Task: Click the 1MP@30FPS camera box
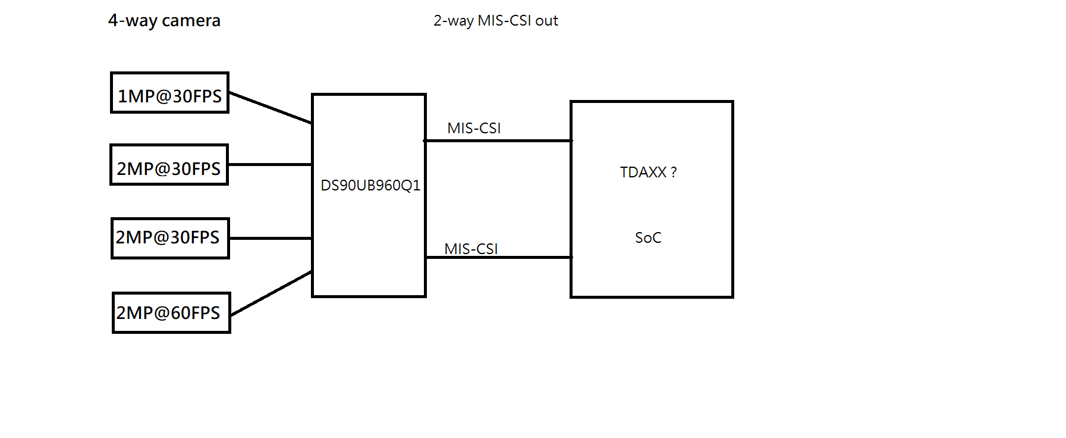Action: [169, 93]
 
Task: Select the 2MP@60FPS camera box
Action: [171, 312]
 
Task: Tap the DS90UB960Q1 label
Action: [370, 186]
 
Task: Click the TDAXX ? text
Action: [647, 173]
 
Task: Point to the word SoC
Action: [647, 238]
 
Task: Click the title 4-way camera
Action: [164, 21]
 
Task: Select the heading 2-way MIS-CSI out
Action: [495, 21]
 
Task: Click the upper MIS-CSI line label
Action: [474, 129]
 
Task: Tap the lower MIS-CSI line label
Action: [471, 249]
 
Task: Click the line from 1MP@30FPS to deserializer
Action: [271, 108]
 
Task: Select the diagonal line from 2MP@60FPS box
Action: [271, 293]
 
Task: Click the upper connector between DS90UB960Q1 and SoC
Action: [498, 141]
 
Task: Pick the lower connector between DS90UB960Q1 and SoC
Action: [498, 257]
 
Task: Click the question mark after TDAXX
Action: [674, 173]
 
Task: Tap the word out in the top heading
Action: [546, 21]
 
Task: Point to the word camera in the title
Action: [191, 21]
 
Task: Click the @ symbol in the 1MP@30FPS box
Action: [163, 96]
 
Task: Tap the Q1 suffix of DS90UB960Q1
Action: [411, 186]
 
